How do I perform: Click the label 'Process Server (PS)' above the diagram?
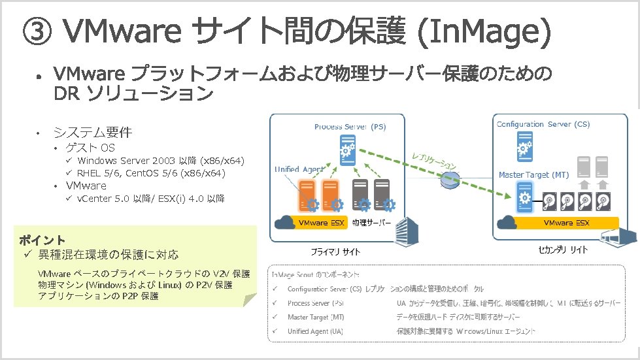pyautogui.click(x=350, y=127)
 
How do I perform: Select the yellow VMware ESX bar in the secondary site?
pyautogui.click(x=567, y=223)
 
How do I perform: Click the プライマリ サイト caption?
pyautogui.click(x=335, y=252)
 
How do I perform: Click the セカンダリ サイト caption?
pyautogui.click(x=563, y=250)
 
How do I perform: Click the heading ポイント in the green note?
pyautogui.click(x=42, y=240)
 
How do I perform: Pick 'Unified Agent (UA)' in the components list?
pyautogui.click(x=315, y=331)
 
